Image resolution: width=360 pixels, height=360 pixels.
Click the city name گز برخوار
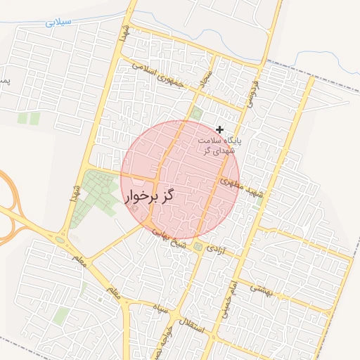pos(149,197)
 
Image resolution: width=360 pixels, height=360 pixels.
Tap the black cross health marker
pos(220,129)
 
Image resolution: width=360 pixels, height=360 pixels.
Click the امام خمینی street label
pos(229,300)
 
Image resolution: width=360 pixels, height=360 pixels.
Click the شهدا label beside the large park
pos(75,191)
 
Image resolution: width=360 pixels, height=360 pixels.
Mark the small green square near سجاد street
pos(196,113)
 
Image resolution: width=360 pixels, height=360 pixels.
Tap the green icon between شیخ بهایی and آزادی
pos(198,247)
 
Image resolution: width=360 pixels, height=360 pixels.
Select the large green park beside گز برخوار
pos(98,193)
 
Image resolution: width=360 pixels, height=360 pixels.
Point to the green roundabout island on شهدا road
pos(60,240)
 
